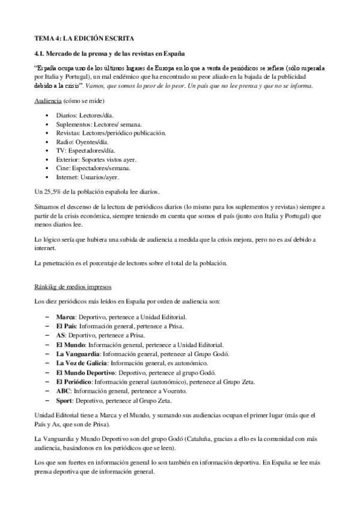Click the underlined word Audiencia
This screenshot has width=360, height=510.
[x=47, y=99]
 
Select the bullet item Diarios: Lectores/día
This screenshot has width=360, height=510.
[x=84, y=114]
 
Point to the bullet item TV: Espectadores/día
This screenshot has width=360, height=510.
[x=86, y=150]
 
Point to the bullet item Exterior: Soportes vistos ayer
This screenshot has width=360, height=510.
[x=96, y=159]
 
